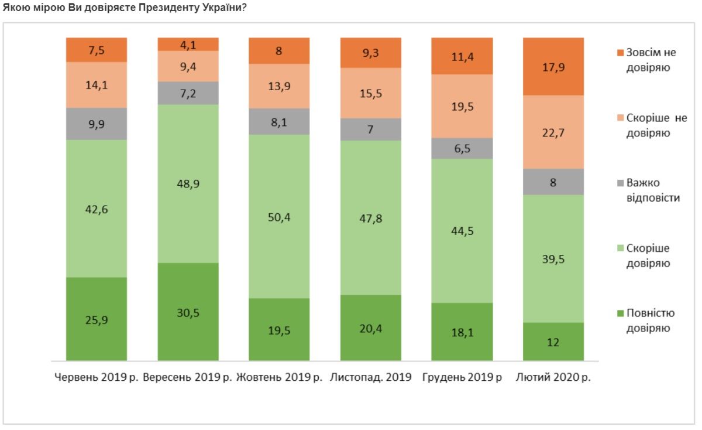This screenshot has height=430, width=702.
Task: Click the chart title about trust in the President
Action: pyautogui.click(x=124, y=8)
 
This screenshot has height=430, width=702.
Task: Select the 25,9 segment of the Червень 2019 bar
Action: pyautogui.click(x=97, y=319)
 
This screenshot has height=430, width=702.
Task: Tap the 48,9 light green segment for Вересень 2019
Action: pyautogui.click(x=188, y=183)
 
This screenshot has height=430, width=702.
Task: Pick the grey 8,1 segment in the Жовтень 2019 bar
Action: pyautogui.click(x=279, y=121)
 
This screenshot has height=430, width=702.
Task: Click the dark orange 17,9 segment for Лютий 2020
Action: pyautogui.click(x=553, y=66)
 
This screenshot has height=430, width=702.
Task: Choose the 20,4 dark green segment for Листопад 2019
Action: pyautogui.click(x=371, y=327)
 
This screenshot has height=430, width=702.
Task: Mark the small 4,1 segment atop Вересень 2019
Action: pyautogui.click(x=188, y=44)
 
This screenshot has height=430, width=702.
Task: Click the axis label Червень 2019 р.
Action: pyautogui.click(x=97, y=377)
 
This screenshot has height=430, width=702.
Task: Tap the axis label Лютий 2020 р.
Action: pyautogui.click(x=553, y=377)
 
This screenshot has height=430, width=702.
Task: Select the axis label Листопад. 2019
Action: pyautogui.click(x=371, y=377)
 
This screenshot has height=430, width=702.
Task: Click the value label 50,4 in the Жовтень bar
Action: pyautogui.click(x=279, y=217)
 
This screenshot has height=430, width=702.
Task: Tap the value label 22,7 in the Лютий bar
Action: pyautogui.click(x=553, y=132)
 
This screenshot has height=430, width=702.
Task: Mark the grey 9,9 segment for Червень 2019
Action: pyautogui.click(x=97, y=124)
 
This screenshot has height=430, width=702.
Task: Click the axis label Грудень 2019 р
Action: pyautogui.click(x=462, y=377)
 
